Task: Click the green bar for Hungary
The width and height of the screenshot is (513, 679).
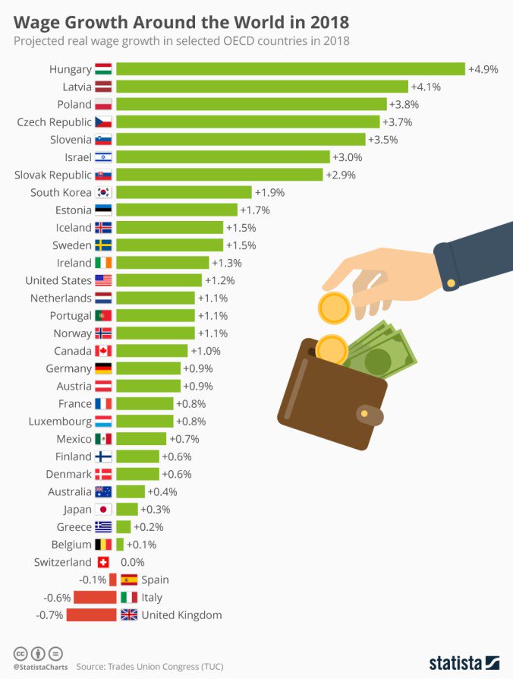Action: pos(291,69)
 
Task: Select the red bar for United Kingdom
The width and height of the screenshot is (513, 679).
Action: pos(91,615)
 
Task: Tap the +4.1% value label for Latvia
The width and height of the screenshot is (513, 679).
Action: pos(426,87)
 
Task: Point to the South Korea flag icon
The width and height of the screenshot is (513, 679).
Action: pos(103,193)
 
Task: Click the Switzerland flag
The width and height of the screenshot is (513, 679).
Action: pos(103,563)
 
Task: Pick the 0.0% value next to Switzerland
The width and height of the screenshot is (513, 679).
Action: pos(132,563)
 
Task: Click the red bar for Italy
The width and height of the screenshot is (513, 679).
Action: pos(95,598)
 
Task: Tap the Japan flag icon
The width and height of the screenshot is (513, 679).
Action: pos(103,510)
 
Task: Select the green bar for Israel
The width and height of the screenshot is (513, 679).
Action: pos(223,157)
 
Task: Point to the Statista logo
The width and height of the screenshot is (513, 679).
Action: pos(464,662)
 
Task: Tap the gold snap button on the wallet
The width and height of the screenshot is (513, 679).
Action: pos(364,413)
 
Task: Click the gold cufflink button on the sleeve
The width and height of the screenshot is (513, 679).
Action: pos(452,283)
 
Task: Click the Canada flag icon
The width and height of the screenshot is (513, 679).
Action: pos(103,351)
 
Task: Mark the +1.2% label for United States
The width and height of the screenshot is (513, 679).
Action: pos(219,280)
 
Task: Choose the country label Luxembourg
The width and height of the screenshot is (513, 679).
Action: pos(60,422)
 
